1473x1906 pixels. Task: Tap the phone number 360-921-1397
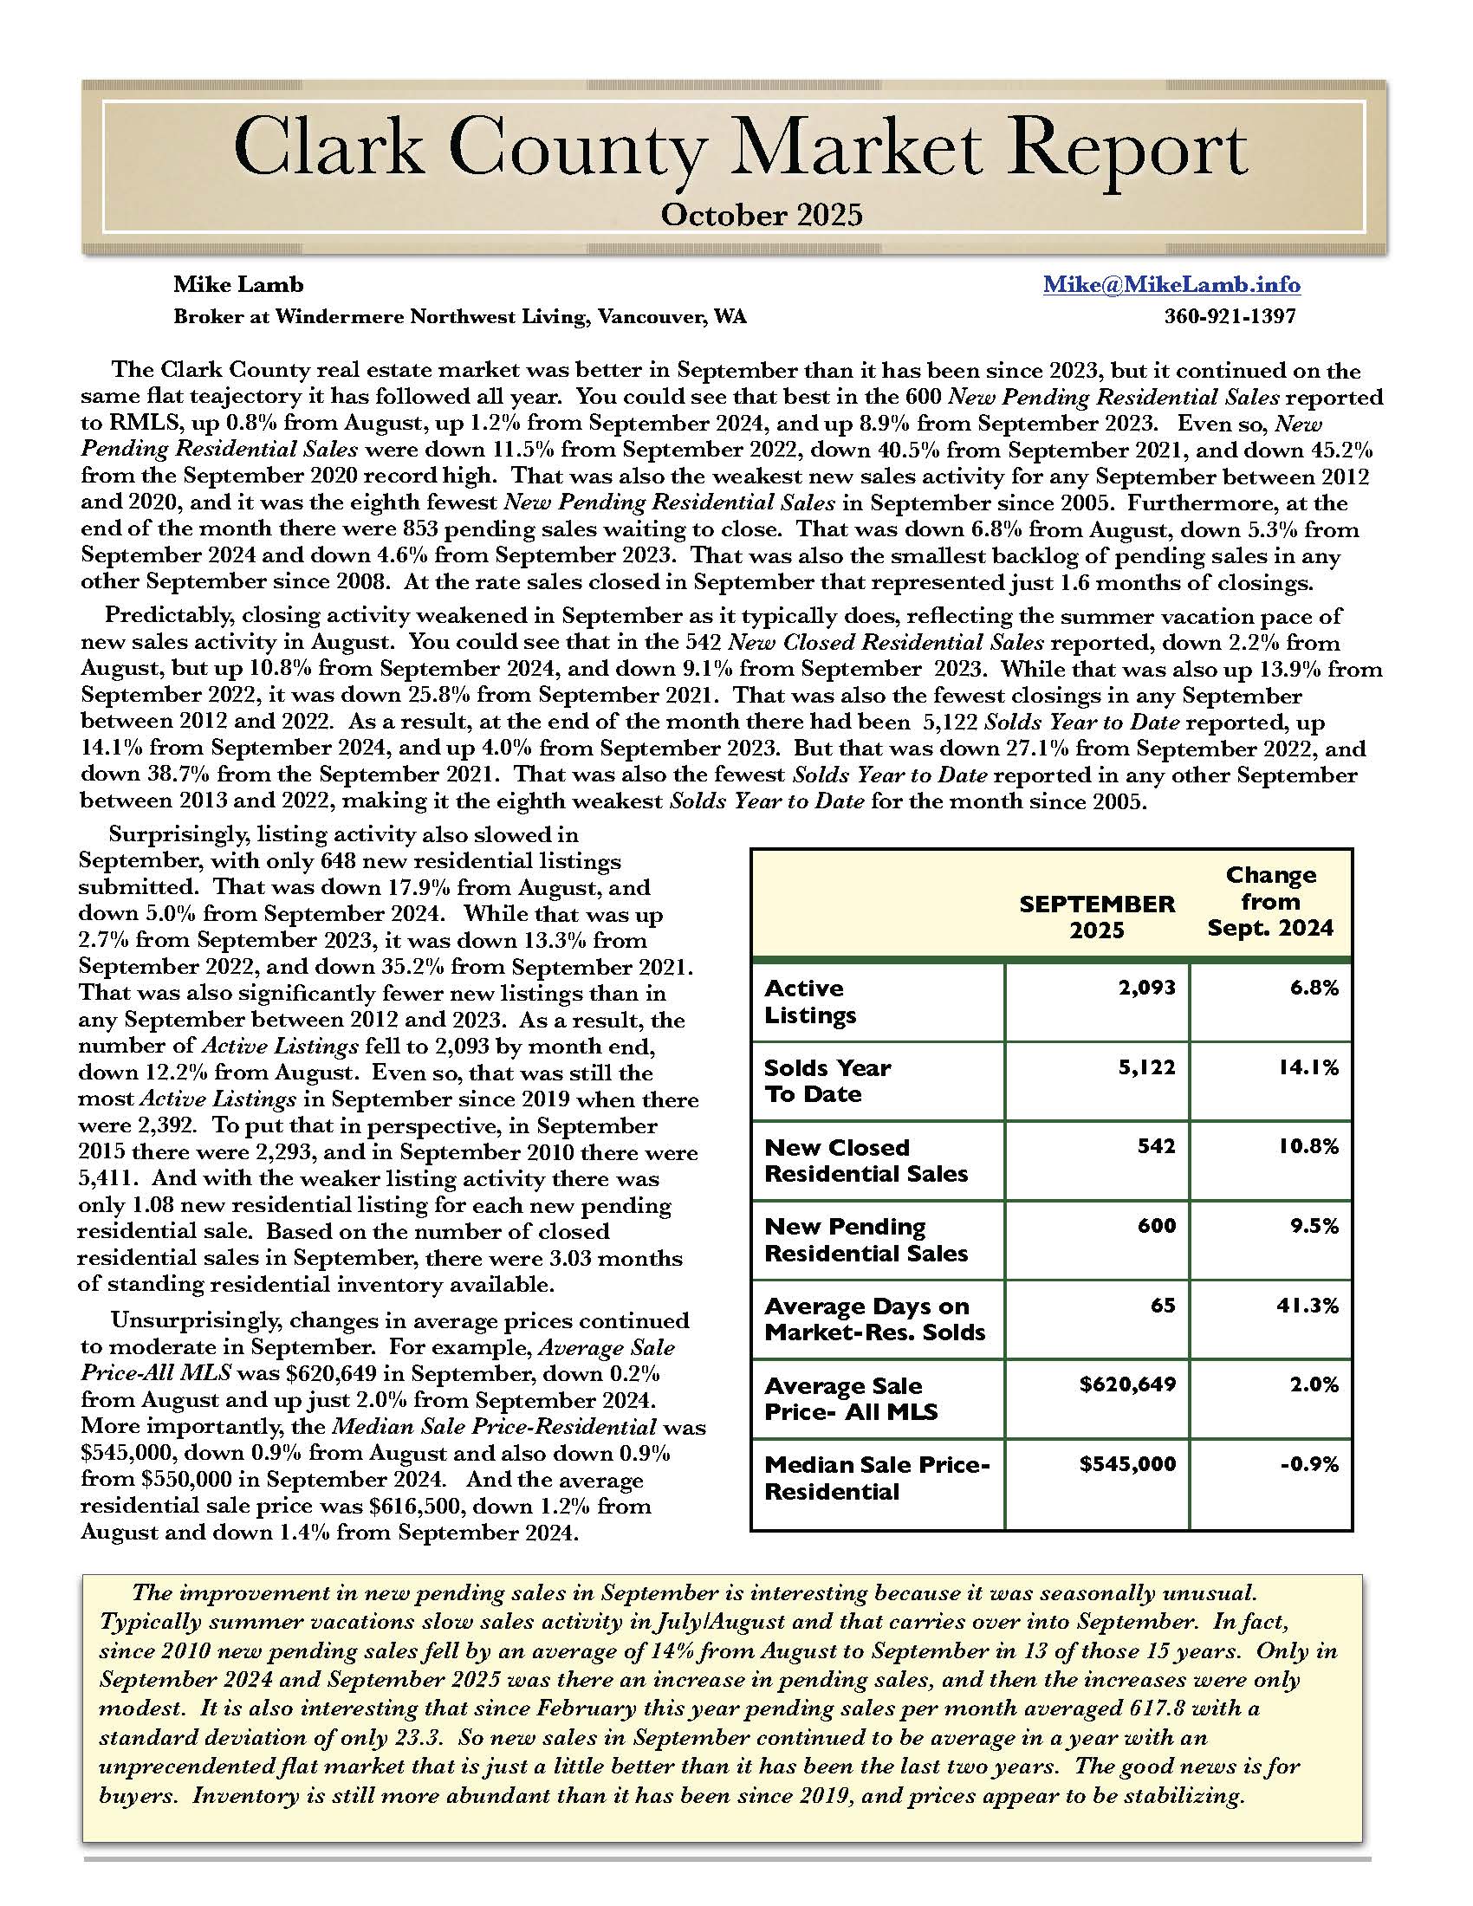tap(1230, 316)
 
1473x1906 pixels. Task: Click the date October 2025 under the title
tap(761, 215)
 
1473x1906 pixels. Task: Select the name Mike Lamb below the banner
tap(238, 284)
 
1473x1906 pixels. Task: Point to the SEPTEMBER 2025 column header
tap(1097, 917)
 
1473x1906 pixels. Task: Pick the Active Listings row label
tap(810, 1002)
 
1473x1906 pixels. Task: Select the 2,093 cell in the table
tap(1146, 988)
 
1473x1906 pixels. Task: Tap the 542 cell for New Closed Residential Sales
tap(1156, 1147)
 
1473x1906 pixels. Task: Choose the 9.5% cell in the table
tap(1316, 1226)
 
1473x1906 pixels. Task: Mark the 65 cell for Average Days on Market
tap(1163, 1306)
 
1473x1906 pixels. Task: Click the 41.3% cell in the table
tap(1310, 1306)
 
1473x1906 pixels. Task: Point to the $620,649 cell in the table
tap(1127, 1385)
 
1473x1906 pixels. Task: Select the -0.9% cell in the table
tap(1309, 1464)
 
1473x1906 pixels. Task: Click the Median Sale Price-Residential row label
tap(876, 1477)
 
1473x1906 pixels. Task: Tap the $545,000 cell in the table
tap(1127, 1464)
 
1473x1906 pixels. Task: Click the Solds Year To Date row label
tap(827, 1081)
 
